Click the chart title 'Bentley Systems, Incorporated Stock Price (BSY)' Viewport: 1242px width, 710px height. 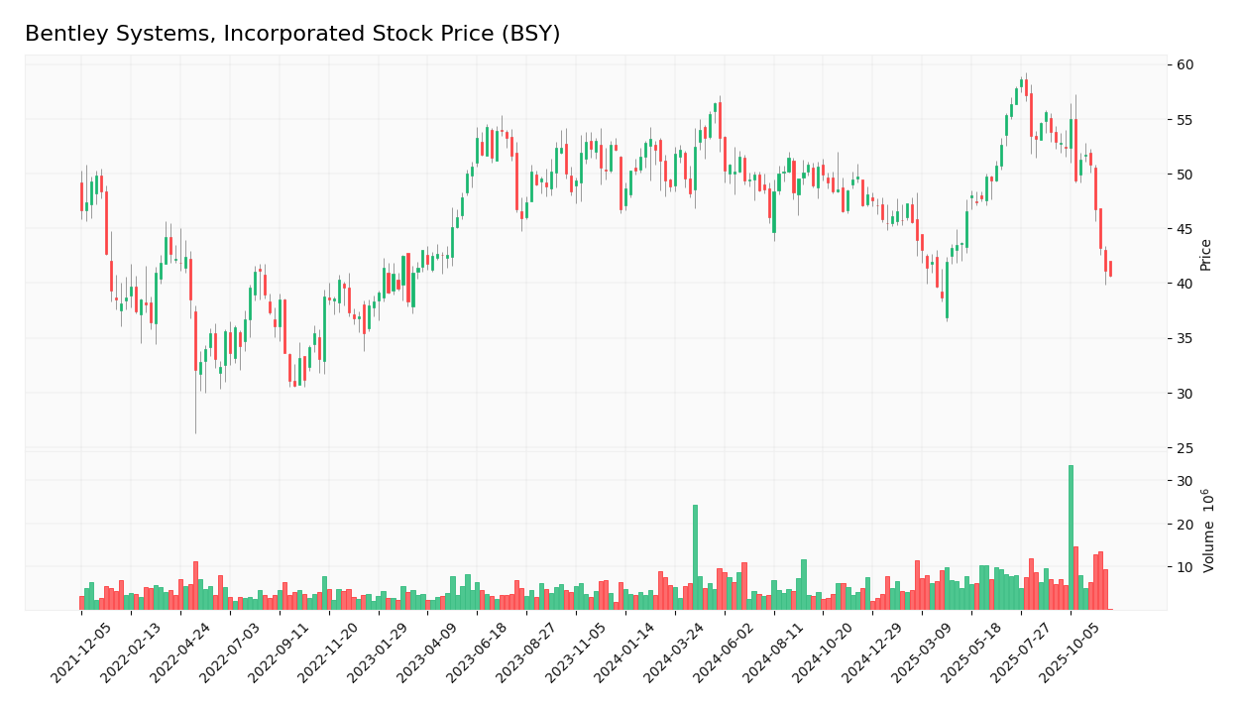tap(292, 35)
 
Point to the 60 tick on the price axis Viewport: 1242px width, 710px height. tap(1186, 64)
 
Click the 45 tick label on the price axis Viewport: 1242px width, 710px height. tap(1186, 229)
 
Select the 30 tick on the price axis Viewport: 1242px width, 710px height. tap(1186, 394)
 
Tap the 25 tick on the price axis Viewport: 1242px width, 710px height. tap(1186, 448)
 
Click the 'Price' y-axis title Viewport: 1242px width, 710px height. tap(1206, 255)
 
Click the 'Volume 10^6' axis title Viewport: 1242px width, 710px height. tap(1207, 531)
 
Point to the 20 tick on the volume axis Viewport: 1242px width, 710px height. tap(1184, 524)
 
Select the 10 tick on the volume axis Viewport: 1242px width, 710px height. tap(1184, 567)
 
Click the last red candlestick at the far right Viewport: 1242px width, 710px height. tap(1110, 269)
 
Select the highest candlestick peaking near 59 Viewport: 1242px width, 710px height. tap(1022, 83)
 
